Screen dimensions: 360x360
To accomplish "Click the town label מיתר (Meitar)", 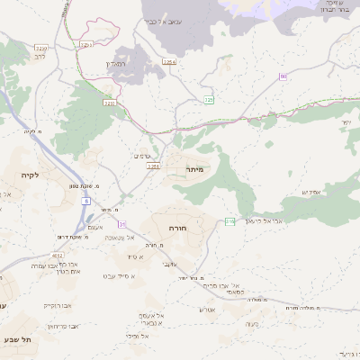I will [195, 168].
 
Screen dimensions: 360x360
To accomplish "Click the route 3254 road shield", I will [168, 61].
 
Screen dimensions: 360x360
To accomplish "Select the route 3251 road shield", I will [153, 166].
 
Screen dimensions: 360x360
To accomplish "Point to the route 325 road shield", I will [208, 99].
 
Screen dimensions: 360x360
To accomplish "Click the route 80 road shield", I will [283, 78].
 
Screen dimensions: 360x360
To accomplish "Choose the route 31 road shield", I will [121, 223].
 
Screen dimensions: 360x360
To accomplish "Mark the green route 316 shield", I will [229, 221].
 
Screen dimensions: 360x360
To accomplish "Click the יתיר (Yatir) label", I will [346, 121].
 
